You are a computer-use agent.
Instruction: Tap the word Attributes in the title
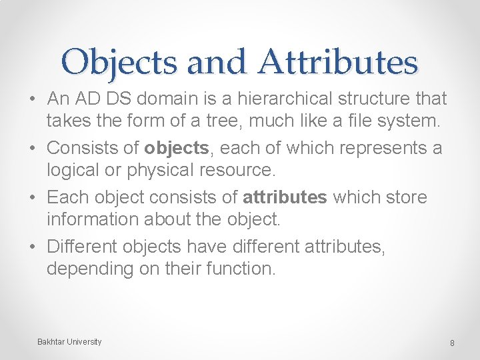(x=337, y=63)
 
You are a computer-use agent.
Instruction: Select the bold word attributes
(x=285, y=197)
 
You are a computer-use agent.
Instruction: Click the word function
(x=240, y=269)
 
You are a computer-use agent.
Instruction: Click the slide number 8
(x=452, y=343)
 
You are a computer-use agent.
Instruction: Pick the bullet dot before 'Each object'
(x=33, y=198)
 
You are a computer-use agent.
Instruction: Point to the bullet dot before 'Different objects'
(x=33, y=247)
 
